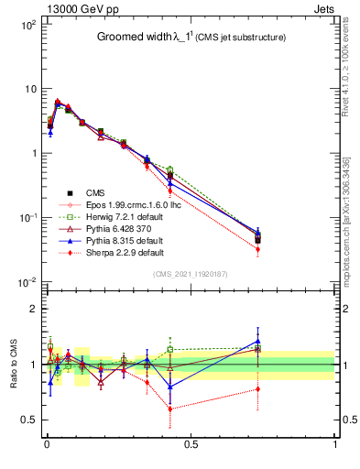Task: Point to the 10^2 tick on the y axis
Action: pos(27,25)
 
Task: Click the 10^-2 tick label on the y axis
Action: pos(27,281)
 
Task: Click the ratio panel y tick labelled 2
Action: pos(31,309)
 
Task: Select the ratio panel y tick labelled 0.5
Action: pos(27,420)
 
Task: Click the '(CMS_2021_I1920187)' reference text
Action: pos(191,273)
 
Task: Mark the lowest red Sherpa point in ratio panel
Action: pos(169,409)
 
